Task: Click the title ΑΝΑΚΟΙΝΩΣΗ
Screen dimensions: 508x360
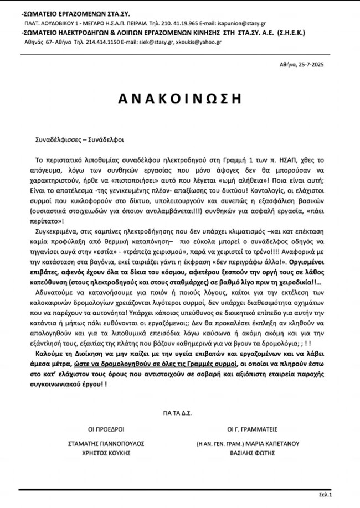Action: coord(180,99)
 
